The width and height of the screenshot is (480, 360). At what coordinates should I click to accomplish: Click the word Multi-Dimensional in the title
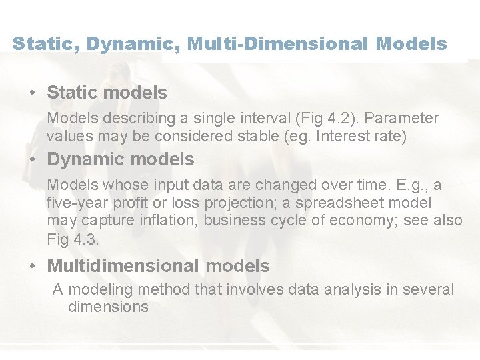pyautogui.click(x=278, y=44)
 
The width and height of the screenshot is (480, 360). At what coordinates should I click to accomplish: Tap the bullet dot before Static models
pyautogui.click(x=33, y=93)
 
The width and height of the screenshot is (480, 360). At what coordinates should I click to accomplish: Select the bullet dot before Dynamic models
pyautogui.click(x=33, y=160)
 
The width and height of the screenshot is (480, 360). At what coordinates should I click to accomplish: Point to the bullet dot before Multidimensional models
pyautogui.click(x=33, y=267)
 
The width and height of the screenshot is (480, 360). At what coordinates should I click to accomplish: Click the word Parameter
pyautogui.click(x=403, y=119)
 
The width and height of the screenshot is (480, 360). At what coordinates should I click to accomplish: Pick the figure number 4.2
pyautogui.click(x=331, y=119)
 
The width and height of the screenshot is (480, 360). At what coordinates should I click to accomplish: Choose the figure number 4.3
pyautogui.click(x=86, y=239)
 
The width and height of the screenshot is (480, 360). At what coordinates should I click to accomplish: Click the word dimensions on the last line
pyautogui.click(x=108, y=307)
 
